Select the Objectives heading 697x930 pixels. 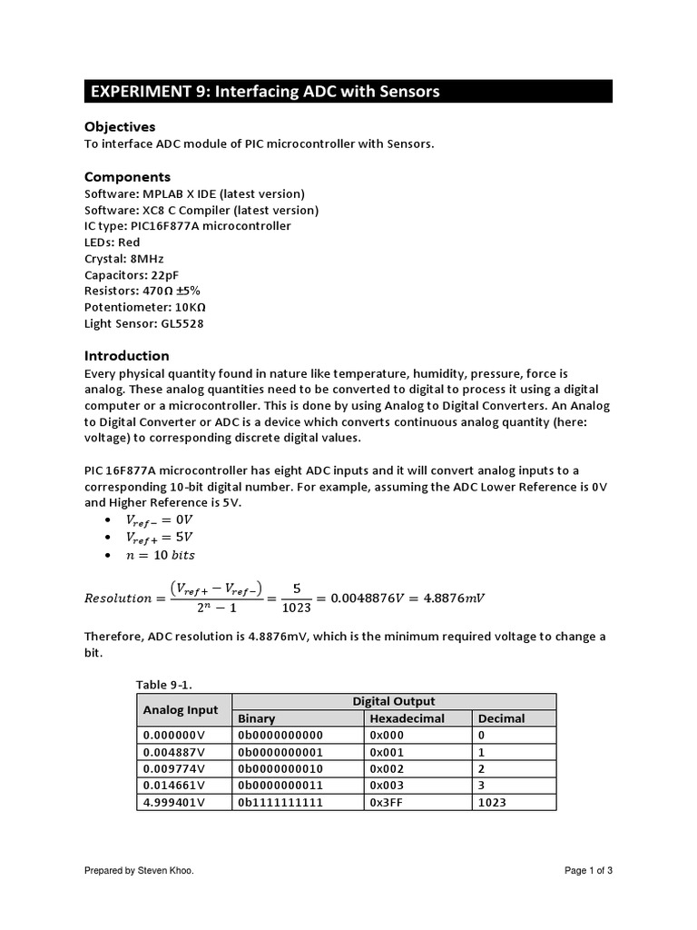pos(120,127)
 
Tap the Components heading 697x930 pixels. pos(127,176)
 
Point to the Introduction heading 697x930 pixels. pos(127,355)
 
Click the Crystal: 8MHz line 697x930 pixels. pos(123,259)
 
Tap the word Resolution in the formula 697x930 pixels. pos(118,598)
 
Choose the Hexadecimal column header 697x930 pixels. pos(406,718)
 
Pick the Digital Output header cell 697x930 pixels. pos(393,701)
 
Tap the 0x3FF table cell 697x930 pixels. pos(385,802)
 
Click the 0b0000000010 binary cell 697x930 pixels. pos(280,768)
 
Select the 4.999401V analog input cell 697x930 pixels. pos(174,802)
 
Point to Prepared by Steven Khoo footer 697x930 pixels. pos(139,871)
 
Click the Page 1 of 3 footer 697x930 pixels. pos(588,871)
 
